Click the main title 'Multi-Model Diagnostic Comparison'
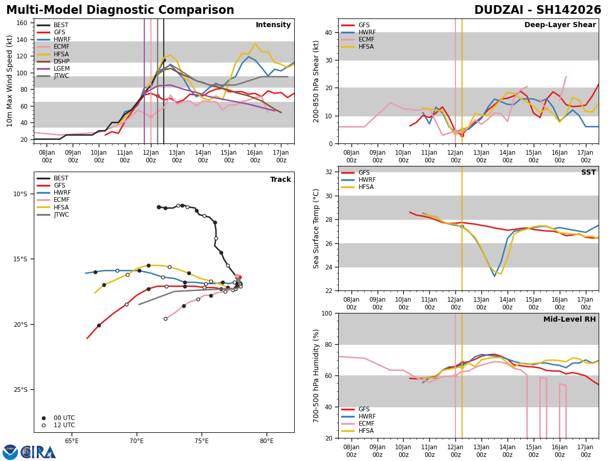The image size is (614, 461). (120, 10)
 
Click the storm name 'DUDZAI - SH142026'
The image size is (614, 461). (538, 10)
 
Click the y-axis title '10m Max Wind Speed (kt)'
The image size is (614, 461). (10, 81)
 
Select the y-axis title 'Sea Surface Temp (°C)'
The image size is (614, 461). (316, 228)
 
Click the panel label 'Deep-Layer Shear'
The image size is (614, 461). (560, 25)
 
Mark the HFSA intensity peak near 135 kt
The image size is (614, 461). (255, 44)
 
